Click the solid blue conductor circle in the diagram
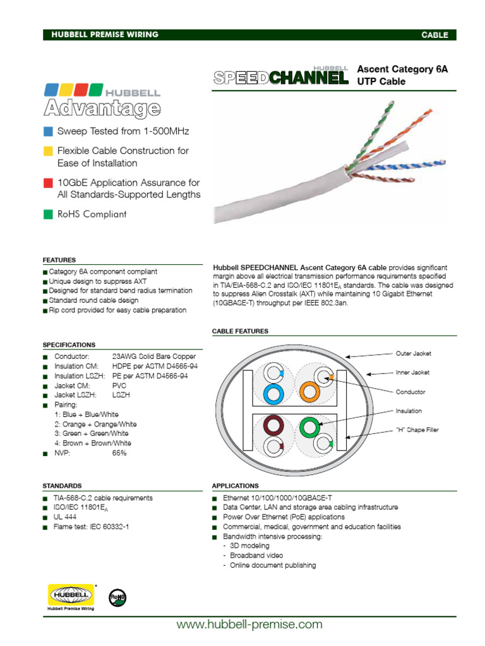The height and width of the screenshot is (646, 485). [273, 394]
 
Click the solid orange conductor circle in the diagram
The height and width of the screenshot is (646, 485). [309, 392]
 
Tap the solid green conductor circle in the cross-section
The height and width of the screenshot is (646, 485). [309, 427]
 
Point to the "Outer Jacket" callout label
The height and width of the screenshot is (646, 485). [413, 353]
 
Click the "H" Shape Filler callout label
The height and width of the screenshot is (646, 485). [417, 430]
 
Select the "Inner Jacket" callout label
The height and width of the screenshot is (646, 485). [412, 372]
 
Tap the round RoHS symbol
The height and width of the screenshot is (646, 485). [117, 597]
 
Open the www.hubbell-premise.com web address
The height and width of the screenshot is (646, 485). [249, 624]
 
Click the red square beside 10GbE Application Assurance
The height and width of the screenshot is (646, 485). [48, 182]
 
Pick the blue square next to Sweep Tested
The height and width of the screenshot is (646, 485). [48, 131]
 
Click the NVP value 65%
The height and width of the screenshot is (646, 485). [119, 453]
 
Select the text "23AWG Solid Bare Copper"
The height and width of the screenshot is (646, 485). [154, 356]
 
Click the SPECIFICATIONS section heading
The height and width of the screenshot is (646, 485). [69, 345]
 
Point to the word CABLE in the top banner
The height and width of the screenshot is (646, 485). [434, 35]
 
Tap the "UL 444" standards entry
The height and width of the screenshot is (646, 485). [65, 517]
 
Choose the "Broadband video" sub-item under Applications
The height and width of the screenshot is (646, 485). [256, 555]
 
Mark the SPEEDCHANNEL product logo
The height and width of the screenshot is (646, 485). [281, 76]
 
